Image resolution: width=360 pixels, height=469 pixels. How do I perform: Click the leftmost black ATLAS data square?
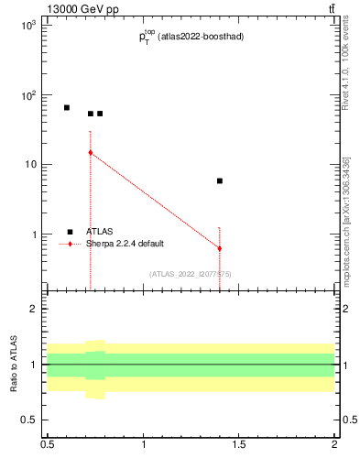pyautogui.click(x=67, y=107)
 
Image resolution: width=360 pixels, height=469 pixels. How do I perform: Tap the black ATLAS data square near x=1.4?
pyautogui.click(x=220, y=181)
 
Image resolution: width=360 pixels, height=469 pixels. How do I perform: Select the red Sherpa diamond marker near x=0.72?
pyautogui.click(x=91, y=153)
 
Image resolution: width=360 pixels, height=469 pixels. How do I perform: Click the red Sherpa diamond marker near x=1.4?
pyautogui.click(x=220, y=248)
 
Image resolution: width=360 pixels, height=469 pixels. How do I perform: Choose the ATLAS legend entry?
pyautogui.click(x=100, y=232)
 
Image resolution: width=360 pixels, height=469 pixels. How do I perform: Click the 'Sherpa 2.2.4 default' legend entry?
pyautogui.click(x=128, y=244)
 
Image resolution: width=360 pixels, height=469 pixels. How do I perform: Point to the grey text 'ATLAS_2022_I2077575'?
pyautogui.click(x=191, y=273)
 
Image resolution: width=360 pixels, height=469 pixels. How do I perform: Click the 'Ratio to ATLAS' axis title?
pyautogui.click(x=14, y=364)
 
